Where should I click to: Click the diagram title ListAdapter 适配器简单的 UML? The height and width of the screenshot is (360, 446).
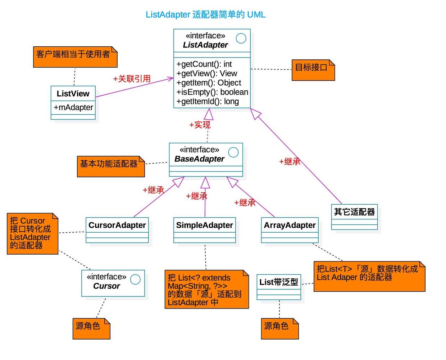point(205,15)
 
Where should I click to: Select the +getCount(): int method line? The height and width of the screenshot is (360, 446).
point(204,64)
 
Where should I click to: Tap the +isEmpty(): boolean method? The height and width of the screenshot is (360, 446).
point(212,92)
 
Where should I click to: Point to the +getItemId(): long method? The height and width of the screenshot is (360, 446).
point(208,101)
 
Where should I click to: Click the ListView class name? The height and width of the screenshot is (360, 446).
point(73,94)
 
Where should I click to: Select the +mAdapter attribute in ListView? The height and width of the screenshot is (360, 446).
point(73,107)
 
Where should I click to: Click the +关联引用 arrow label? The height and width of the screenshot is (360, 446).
point(132,79)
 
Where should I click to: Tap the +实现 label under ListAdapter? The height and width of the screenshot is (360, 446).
point(200,125)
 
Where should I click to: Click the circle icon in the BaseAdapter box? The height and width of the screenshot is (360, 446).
point(233,152)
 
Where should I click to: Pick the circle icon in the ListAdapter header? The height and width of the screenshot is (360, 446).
point(241,38)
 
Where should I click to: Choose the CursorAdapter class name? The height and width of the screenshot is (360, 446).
point(117,225)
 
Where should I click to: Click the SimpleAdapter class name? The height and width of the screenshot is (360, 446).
point(204,225)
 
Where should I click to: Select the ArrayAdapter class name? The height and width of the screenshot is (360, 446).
point(290,225)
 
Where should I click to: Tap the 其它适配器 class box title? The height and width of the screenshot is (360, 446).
point(354,212)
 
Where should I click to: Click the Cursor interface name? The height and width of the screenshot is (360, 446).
point(106,286)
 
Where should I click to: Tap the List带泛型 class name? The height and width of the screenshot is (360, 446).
point(279,282)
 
